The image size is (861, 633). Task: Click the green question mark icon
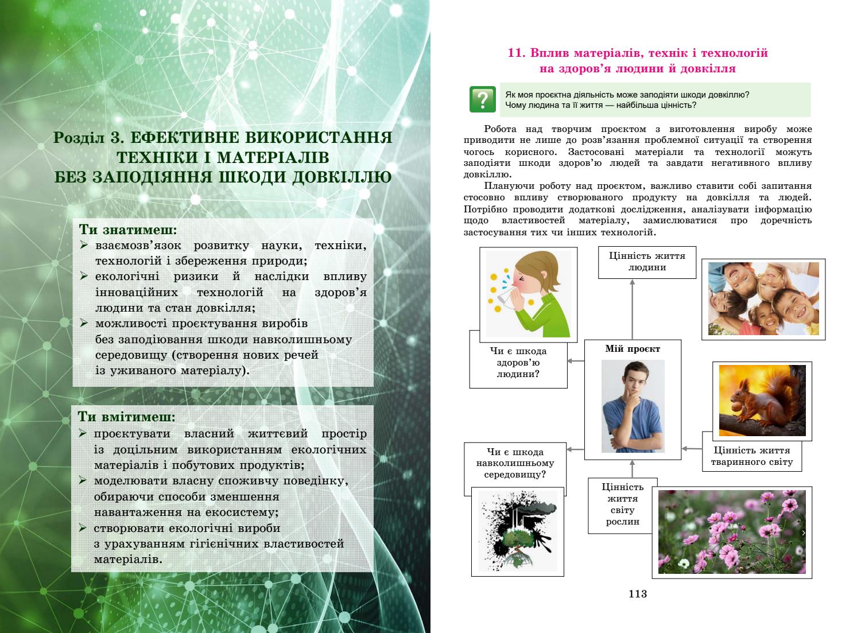pyautogui.click(x=482, y=99)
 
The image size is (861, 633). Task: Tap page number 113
pyautogui.click(x=638, y=594)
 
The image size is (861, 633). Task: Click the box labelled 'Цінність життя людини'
pyautogui.click(x=647, y=262)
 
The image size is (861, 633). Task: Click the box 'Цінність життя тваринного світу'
pyautogui.click(x=751, y=456)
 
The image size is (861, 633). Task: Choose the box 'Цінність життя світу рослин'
pyautogui.click(x=622, y=504)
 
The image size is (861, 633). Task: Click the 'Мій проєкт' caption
pyautogui.click(x=633, y=348)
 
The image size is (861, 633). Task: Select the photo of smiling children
pyautogui.click(x=763, y=298)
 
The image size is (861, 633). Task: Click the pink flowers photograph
pyautogui.click(x=732, y=531)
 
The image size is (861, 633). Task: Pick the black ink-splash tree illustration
pyautogui.click(x=518, y=531)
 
